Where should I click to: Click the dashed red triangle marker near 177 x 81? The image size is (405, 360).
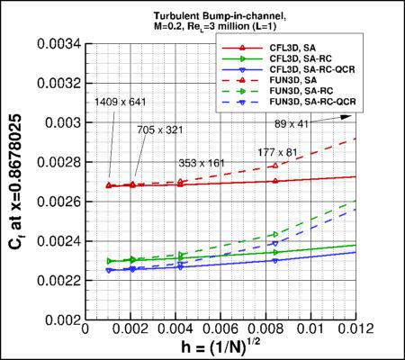(274, 166)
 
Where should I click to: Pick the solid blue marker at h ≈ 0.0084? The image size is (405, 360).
(274, 261)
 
